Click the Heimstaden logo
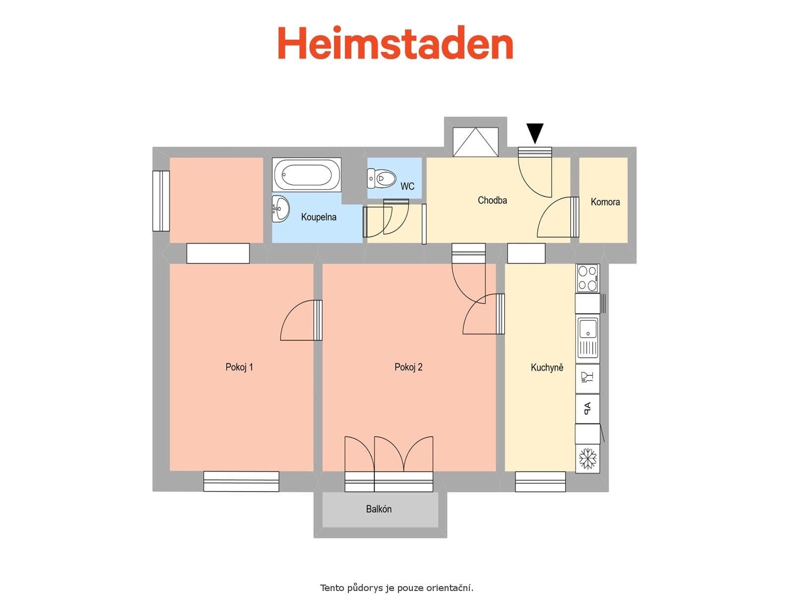(x=395, y=43)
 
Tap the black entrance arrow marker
(x=535, y=132)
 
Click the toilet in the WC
(x=382, y=178)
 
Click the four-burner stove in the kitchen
(x=587, y=278)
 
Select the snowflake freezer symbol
(x=588, y=458)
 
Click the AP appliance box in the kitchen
(x=587, y=408)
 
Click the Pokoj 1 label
(x=239, y=367)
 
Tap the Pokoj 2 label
(x=408, y=367)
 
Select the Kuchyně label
(x=547, y=367)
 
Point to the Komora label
(x=605, y=202)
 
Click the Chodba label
(x=492, y=200)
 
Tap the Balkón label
(x=379, y=509)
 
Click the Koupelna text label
(x=319, y=217)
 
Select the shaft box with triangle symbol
(x=475, y=142)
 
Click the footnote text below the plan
(x=396, y=588)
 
